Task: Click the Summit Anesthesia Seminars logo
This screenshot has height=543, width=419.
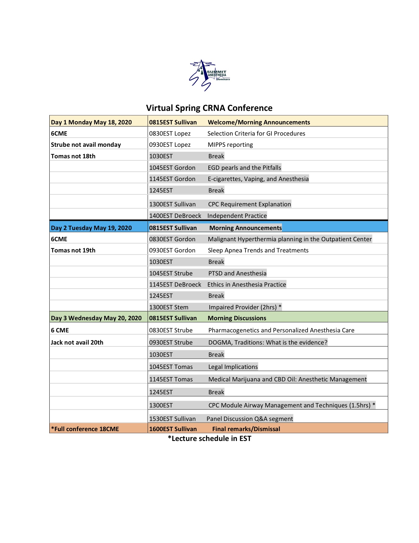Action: tap(209, 75)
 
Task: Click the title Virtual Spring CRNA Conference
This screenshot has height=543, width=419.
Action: tap(209, 108)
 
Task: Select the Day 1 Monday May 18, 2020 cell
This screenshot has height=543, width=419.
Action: tap(91, 122)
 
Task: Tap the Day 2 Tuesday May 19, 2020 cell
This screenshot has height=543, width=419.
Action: tap(91, 228)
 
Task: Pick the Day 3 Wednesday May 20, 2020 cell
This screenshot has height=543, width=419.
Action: tap(96, 318)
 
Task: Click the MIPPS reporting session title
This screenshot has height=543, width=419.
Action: tap(230, 145)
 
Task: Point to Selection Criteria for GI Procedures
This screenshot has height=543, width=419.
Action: tap(256, 133)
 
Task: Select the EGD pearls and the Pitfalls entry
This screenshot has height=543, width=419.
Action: tap(244, 168)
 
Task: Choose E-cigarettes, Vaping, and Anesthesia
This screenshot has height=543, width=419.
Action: tap(258, 179)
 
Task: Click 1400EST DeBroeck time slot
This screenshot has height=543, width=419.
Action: tap(175, 216)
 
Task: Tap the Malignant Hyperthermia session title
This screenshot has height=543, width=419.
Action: tap(290, 239)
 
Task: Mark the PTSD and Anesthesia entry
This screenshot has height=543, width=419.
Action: tap(237, 273)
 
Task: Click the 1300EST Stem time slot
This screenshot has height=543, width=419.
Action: tap(169, 307)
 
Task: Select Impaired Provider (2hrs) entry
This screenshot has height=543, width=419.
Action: tap(245, 307)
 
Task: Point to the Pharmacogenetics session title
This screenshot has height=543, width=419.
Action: tap(281, 330)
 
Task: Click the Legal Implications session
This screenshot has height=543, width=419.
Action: tap(233, 367)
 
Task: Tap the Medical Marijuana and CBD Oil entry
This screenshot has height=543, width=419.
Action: tap(288, 379)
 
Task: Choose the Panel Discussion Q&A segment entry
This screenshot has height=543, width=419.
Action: tap(250, 419)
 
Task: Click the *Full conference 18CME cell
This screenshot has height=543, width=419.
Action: tap(85, 429)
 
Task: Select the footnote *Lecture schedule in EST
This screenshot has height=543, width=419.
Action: tap(209, 438)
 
